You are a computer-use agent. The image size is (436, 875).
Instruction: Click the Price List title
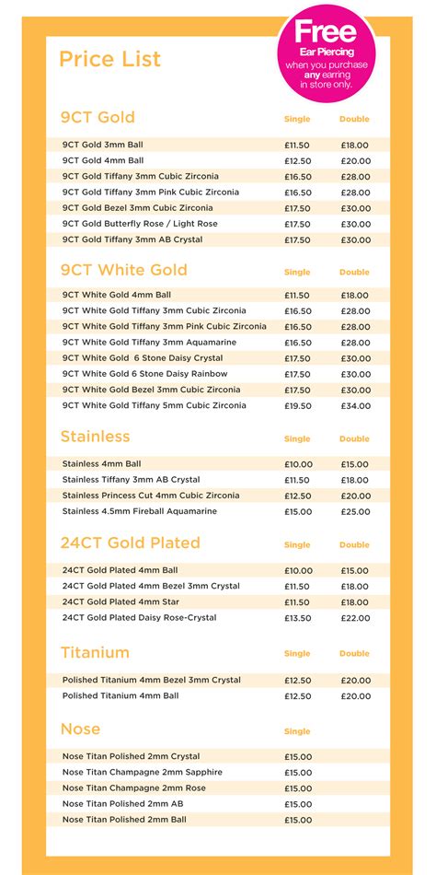109,60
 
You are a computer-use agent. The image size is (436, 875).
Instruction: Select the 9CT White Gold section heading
123,270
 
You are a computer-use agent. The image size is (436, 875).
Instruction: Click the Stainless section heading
95,437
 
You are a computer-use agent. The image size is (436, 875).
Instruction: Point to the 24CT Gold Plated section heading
130,542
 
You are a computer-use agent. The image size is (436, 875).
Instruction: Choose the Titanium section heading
95,652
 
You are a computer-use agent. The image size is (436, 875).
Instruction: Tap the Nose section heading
80,729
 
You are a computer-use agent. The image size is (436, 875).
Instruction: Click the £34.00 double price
354,405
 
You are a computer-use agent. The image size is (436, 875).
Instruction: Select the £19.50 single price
297,405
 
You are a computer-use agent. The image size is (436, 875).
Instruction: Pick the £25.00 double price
354,511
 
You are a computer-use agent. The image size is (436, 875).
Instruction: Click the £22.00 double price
354,617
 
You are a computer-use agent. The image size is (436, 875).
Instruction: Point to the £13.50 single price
297,617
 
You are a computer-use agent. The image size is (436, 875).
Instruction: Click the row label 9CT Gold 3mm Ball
102,145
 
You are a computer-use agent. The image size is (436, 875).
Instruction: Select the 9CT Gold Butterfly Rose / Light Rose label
140,224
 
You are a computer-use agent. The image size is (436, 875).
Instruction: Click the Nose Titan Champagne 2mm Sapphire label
142,772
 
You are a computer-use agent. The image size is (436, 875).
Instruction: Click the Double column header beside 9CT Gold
354,119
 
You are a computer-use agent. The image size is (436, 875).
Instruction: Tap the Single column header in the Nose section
297,731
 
